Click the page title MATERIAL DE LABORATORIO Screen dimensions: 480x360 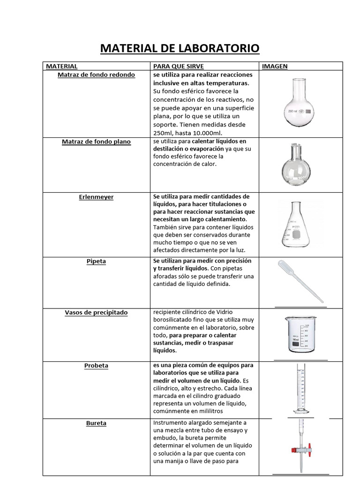point(180,49)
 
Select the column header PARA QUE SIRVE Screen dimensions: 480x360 point(172,67)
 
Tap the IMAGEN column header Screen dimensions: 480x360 point(275,67)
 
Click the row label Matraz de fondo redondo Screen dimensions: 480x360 point(96,75)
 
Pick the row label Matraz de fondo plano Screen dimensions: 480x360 point(96,142)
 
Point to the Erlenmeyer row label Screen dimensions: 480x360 point(96,197)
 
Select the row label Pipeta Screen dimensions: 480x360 point(96,262)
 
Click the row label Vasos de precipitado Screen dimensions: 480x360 point(96,313)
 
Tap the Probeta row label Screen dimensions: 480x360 point(96,366)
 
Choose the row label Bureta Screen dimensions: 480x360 point(96,423)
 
